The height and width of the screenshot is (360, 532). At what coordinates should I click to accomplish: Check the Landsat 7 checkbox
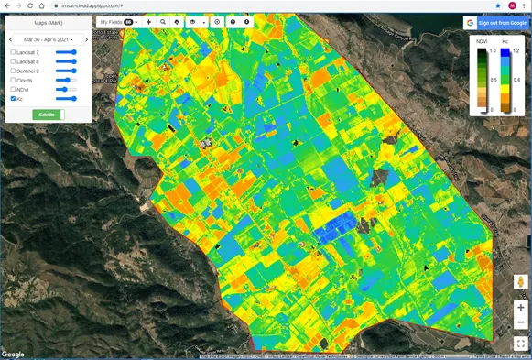(x=13, y=52)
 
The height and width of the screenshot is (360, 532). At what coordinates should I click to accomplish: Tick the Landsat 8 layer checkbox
(x=13, y=61)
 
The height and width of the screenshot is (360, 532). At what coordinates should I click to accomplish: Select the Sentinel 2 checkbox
(x=13, y=71)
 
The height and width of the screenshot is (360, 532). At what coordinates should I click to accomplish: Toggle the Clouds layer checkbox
(x=13, y=80)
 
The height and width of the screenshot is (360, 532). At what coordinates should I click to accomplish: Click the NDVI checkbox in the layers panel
(x=13, y=89)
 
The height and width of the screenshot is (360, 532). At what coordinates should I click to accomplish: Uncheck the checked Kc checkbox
(x=13, y=98)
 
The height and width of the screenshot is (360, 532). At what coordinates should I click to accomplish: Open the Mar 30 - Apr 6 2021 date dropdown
(x=49, y=39)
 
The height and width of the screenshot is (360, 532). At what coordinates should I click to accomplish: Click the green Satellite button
(x=47, y=115)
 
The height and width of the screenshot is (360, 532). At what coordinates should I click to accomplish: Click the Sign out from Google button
(x=495, y=22)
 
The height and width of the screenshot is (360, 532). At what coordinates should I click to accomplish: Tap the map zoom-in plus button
(x=520, y=308)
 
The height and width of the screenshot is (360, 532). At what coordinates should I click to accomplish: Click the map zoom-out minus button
(x=520, y=322)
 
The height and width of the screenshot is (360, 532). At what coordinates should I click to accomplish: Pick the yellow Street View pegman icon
(x=520, y=283)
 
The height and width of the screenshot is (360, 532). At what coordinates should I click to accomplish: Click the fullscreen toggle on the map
(x=520, y=344)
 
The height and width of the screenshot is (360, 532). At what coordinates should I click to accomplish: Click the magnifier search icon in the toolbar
(x=163, y=21)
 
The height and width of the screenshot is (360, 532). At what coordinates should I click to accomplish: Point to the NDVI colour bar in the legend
(x=481, y=80)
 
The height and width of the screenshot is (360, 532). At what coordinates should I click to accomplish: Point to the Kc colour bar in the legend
(x=505, y=80)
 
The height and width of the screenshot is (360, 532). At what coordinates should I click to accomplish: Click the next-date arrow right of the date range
(x=85, y=39)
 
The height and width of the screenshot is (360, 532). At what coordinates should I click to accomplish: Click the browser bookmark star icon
(x=498, y=5)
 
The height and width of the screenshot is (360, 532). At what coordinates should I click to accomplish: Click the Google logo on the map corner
(x=13, y=354)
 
